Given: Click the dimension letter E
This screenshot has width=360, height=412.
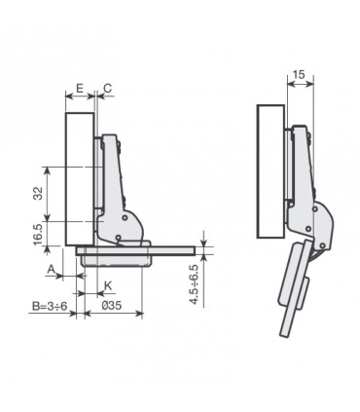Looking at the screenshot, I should tap(78, 88).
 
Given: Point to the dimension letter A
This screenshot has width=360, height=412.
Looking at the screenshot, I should tap(50, 268).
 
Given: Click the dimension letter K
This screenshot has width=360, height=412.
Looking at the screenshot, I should tap(107, 285).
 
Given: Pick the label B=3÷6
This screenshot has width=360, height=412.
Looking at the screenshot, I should tap(48, 306).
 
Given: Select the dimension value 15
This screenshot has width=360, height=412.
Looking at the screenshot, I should tap(300, 75).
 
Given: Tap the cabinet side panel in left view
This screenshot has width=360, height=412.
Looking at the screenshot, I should tap(78, 175).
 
